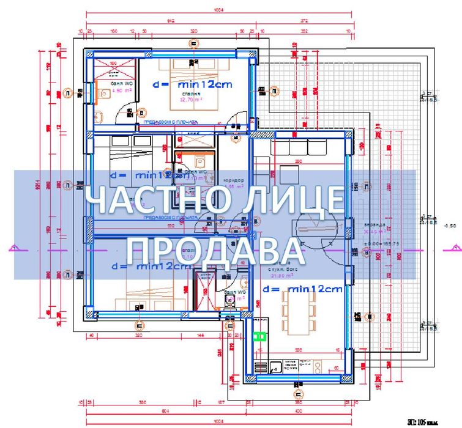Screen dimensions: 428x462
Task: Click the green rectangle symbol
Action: [x=259, y=336]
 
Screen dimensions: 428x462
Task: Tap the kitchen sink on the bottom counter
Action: [x=277, y=366]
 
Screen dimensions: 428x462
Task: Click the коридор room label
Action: [x=233, y=180]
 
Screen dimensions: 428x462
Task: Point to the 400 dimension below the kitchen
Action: [x=297, y=403]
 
